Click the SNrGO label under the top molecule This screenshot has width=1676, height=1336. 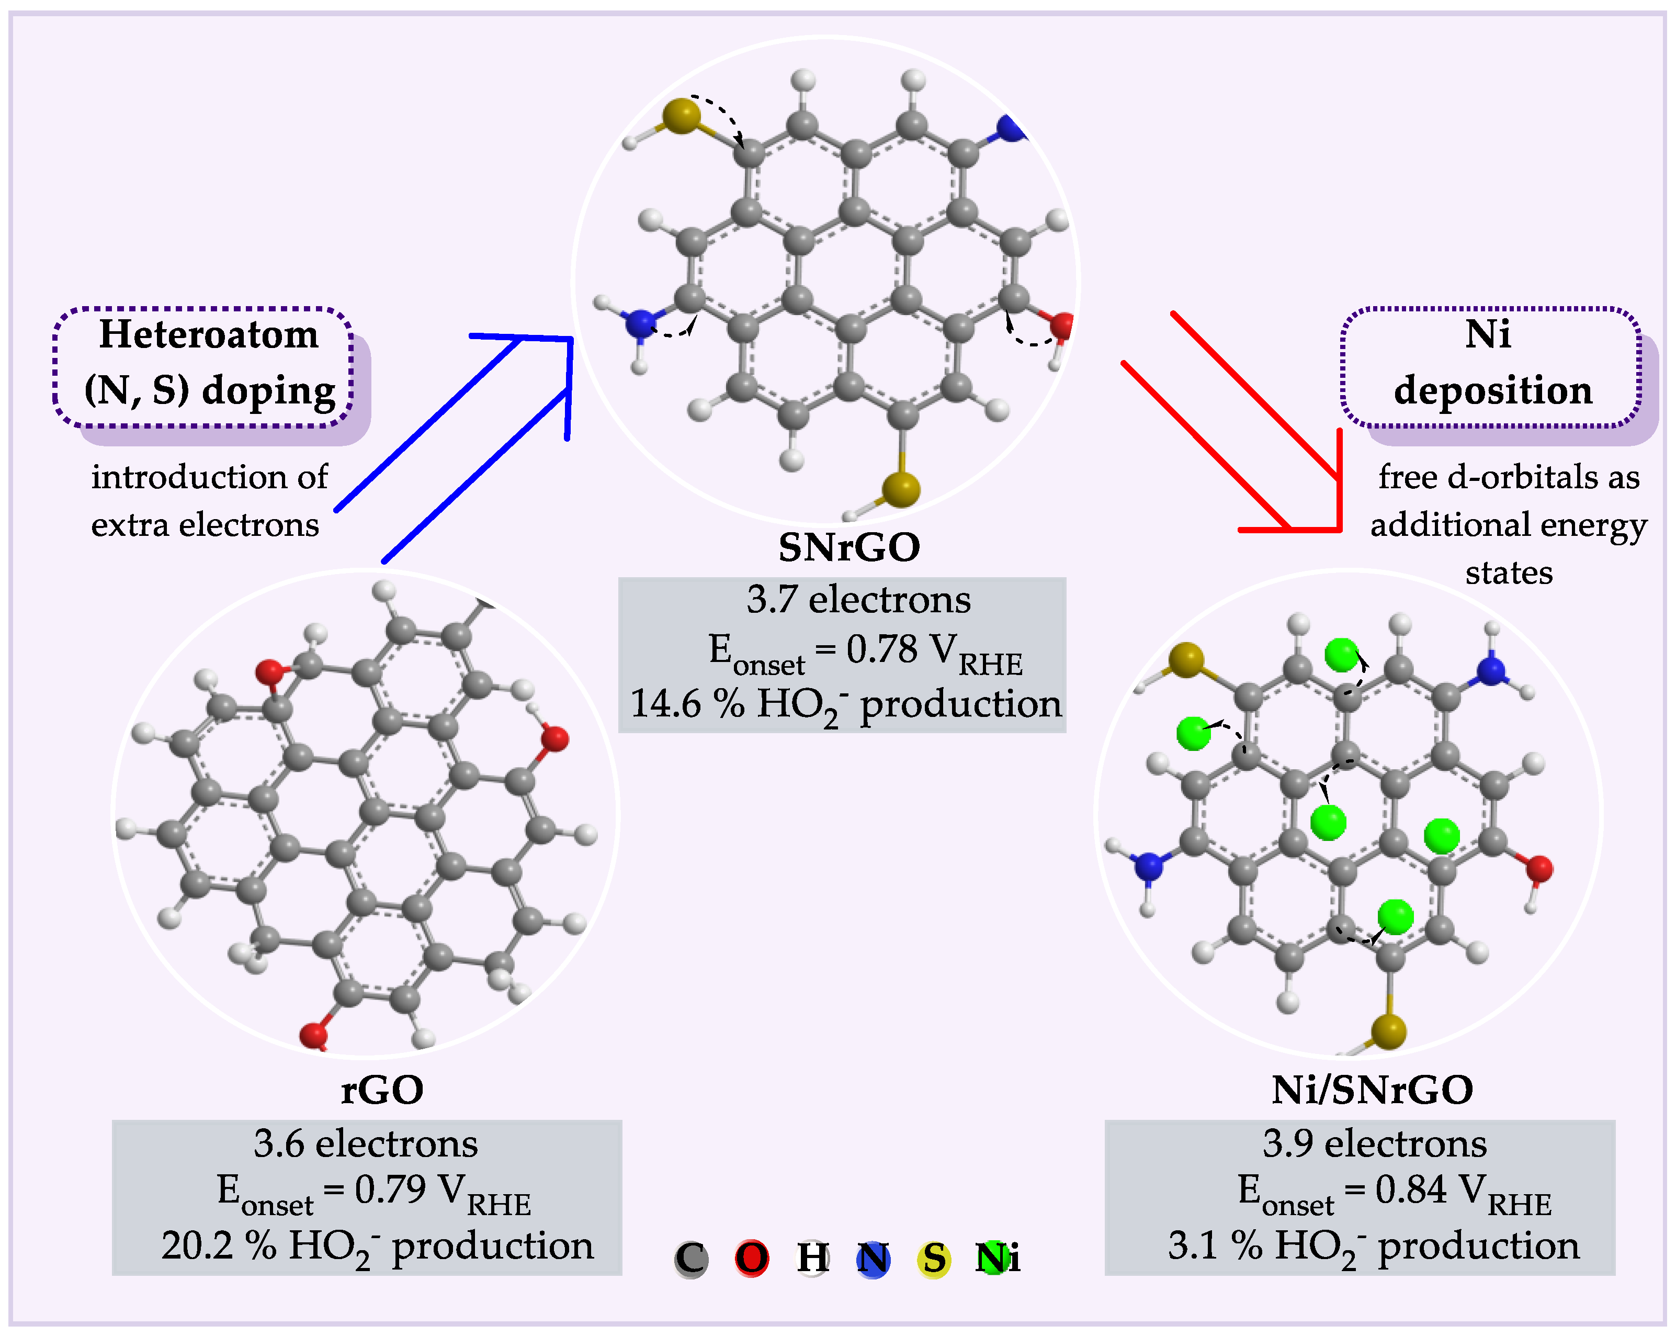click(849, 547)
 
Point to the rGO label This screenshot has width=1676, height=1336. click(382, 1090)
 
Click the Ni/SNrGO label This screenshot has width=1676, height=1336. click(1372, 1090)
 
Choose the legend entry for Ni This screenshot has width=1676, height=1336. click(998, 1258)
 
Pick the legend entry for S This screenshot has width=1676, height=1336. click(934, 1258)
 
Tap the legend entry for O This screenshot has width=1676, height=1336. click(752, 1258)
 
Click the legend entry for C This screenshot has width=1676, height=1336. click(690, 1258)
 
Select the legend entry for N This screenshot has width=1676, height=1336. click(873, 1258)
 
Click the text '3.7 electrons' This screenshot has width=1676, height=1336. click(858, 600)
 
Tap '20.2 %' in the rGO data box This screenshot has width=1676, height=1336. click(218, 1244)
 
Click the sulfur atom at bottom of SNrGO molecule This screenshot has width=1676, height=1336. click(901, 489)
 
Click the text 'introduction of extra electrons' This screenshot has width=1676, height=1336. click(208, 501)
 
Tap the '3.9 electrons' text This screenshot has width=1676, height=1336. click(1374, 1143)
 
